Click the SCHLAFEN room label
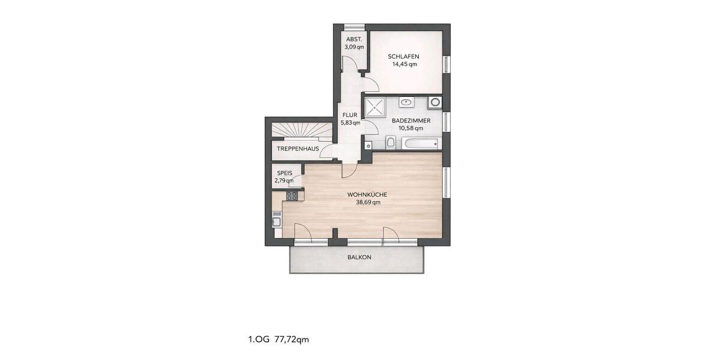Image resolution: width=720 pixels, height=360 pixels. (x=403, y=56)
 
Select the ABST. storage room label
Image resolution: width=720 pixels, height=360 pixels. (x=354, y=39)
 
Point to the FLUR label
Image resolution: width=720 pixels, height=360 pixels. (x=350, y=115)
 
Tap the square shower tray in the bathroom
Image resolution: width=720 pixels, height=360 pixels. (x=377, y=108)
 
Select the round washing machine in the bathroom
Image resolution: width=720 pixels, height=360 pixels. (x=434, y=103)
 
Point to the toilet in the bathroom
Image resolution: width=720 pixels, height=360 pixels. (x=391, y=142)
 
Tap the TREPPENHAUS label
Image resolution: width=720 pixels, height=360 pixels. (x=298, y=149)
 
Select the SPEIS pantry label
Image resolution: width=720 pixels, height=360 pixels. (x=284, y=173)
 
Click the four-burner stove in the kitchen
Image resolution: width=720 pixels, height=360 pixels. (x=292, y=196)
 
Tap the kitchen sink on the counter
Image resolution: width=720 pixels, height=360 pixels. (x=277, y=221)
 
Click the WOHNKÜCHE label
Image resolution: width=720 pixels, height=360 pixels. (x=367, y=194)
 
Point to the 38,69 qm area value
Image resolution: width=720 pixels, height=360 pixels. (x=367, y=202)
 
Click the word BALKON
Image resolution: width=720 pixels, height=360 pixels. (x=359, y=257)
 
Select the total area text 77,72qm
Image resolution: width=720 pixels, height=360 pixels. (x=292, y=340)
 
